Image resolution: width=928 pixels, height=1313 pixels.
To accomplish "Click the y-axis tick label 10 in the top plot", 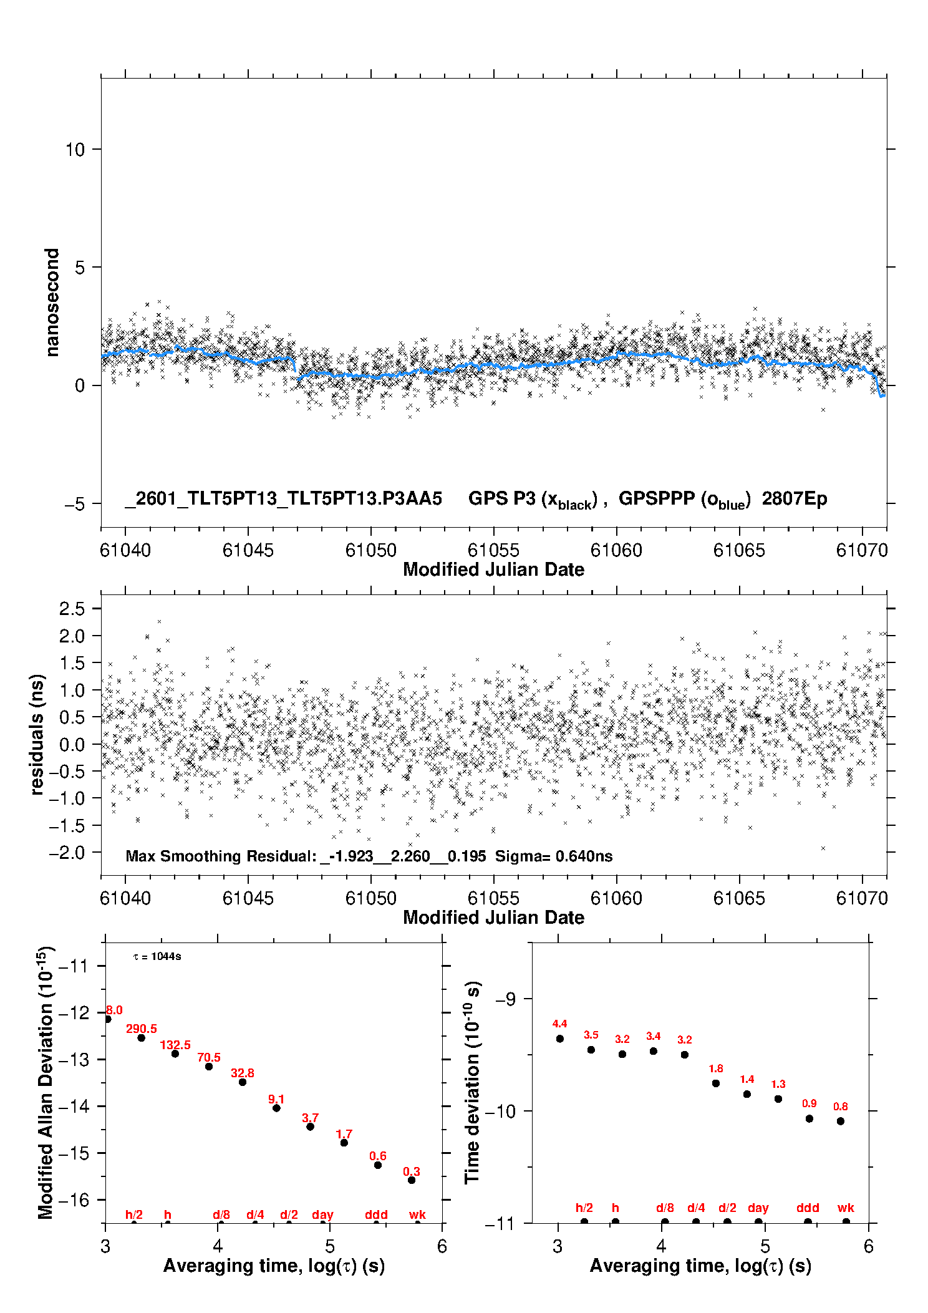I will pyautogui.click(x=75, y=150).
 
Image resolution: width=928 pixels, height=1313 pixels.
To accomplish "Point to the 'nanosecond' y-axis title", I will pyautogui.click(x=52, y=303).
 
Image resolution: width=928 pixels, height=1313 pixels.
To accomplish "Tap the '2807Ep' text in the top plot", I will pyautogui.click(x=794, y=498).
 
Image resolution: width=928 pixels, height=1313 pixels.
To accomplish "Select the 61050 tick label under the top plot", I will pyautogui.click(x=370, y=550).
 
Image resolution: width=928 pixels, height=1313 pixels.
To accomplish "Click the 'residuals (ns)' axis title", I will pyautogui.click(x=37, y=734).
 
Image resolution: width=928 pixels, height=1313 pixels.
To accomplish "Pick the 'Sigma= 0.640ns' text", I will pyautogui.click(x=553, y=856).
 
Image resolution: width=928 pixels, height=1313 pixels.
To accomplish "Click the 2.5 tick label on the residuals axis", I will pyautogui.click(x=72, y=609).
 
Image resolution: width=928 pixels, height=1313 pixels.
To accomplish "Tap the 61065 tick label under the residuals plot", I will pyautogui.click(x=738, y=898).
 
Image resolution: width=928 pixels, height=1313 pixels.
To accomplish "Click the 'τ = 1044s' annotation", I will pyautogui.click(x=157, y=957).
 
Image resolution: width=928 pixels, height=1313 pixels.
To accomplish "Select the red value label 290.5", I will pyautogui.click(x=142, y=1029).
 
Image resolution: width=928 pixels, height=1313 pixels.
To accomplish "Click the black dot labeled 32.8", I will pyautogui.click(x=243, y=1082).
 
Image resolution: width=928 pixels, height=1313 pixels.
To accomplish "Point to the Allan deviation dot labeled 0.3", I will pyautogui.click(x=412, y=1180).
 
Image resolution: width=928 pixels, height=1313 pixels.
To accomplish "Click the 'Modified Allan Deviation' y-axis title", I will pyautogui.click(x=46, y=1082).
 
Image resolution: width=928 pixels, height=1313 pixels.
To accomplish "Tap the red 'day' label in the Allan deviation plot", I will pyautogui.click(x=322, y=1214).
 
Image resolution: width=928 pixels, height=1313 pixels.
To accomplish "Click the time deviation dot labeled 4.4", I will pyautogui.click(x=560, y=1039).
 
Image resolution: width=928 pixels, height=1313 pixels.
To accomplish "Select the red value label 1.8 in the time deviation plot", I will pyautogui.click(x=716, y=1068).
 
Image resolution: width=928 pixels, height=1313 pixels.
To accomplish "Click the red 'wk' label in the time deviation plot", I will pyautogui.click(x=846, y=1208).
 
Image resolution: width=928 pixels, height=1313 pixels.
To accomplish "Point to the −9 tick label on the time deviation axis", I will pyautogui.click(x=505, y=999).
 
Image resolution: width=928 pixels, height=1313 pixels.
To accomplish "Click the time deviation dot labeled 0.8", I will pyautogui.click(x=841, y=1121).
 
